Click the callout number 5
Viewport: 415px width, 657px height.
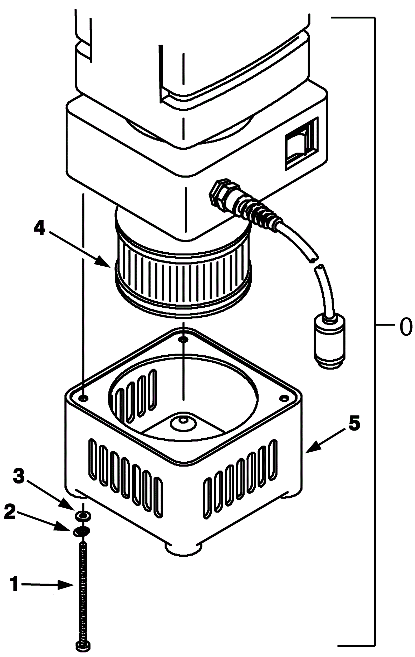[x=354, y=425]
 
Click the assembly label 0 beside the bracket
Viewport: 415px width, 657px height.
[x=406, y=328]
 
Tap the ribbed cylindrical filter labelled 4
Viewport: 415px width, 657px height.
[x=183, y=275]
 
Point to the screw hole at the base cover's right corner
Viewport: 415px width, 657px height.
[x=285, y=398]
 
